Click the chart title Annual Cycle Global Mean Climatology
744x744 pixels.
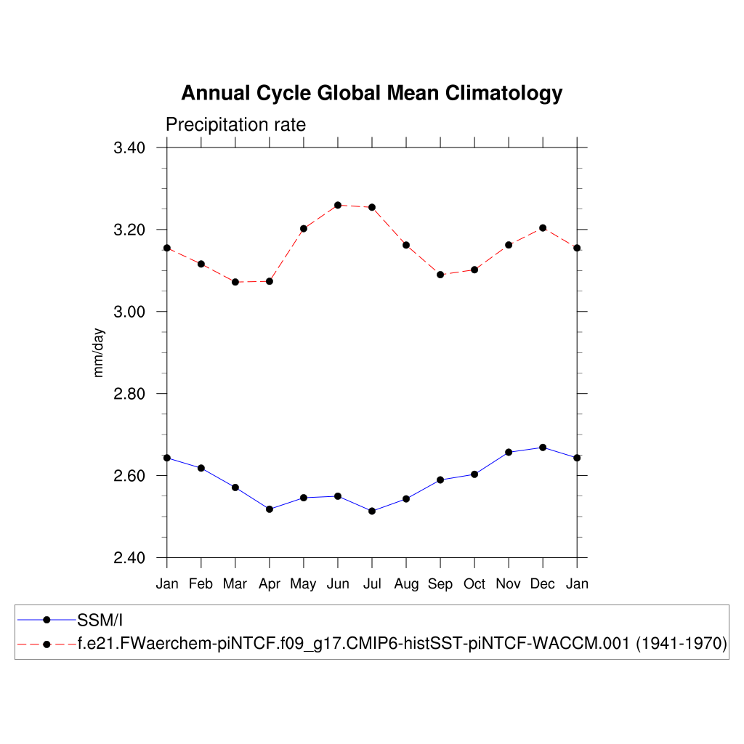click(371, 94)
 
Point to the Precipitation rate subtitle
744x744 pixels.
click(235, 125)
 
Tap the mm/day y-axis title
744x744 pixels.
click(100, 352)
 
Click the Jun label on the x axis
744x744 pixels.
click(337, 584)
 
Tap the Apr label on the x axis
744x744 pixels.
click(270, 584)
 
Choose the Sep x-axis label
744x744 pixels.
click(440, 584)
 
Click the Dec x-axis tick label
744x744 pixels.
click(543, 584)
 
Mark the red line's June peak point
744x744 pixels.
click(338, 205)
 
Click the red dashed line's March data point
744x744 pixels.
click(235, 282)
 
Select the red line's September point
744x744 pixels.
click(440, 275)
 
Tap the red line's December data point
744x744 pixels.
click(543, 228)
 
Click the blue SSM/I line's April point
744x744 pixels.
click(270, 509)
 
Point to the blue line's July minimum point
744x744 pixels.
click(372, 511)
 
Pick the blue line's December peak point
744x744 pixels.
click(543, 447)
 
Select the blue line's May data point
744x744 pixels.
click(304, 498)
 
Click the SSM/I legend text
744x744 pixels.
click(100, 620)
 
